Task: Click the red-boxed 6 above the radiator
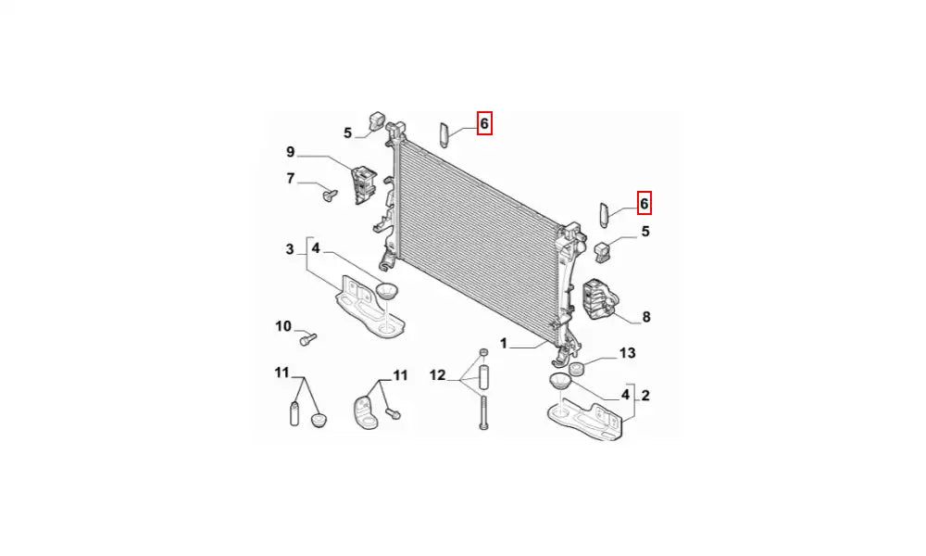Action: (484, 123)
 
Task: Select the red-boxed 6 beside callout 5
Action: (644, 203)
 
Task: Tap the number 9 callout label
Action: (291, 152)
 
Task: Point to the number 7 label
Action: (291, 178)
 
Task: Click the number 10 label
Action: (283, 326)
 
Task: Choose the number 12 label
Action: (438, 374)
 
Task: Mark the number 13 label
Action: (627, 353)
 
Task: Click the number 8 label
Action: (646, 317)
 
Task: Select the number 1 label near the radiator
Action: (504, 343)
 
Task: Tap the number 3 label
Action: (289, 249)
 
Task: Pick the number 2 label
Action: (645, 396)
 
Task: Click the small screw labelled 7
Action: (331, 195)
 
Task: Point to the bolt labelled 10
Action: (308, 340)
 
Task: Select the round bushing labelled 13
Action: (576, 369)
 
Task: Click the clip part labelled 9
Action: (364, 185)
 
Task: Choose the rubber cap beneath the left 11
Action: (319, 420)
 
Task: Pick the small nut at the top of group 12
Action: (483, 353)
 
